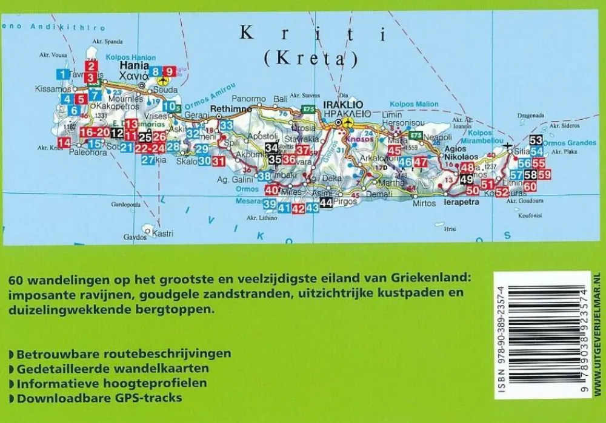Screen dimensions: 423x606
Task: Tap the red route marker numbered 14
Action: click(64, 142)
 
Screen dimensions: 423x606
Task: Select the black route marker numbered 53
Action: click(536, 140)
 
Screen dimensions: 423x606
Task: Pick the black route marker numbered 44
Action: click(326, 203)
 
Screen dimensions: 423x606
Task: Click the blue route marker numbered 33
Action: click(227, 125)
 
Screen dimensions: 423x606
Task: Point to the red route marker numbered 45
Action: click(395, 151)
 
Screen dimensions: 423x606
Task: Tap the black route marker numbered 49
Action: click(466, 179)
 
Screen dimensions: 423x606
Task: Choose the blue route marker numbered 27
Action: click(148, 160)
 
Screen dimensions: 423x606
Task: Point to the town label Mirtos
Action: click(424, 203)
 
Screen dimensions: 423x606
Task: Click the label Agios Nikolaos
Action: click(462, 151)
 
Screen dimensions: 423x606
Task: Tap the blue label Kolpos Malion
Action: click(413, 104)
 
